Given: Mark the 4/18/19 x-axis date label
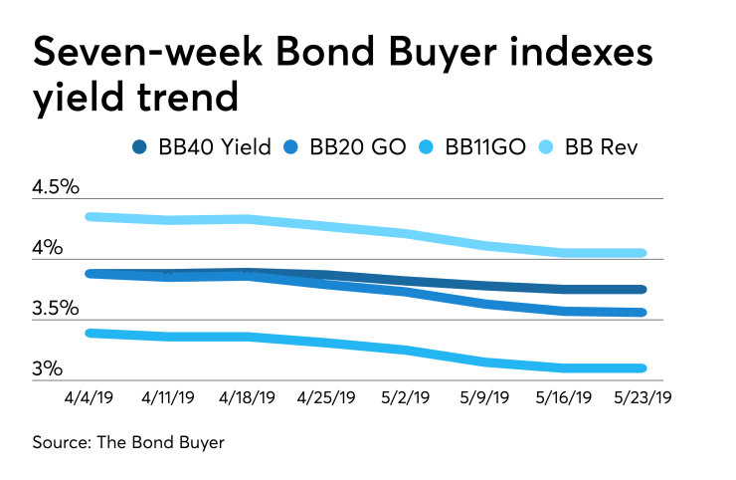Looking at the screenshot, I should click(248, 396).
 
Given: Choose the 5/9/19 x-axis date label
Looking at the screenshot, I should click(484, 396).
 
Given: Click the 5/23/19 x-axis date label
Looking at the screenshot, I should click(642, 396).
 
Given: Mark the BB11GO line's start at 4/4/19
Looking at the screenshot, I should click(91, 333).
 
